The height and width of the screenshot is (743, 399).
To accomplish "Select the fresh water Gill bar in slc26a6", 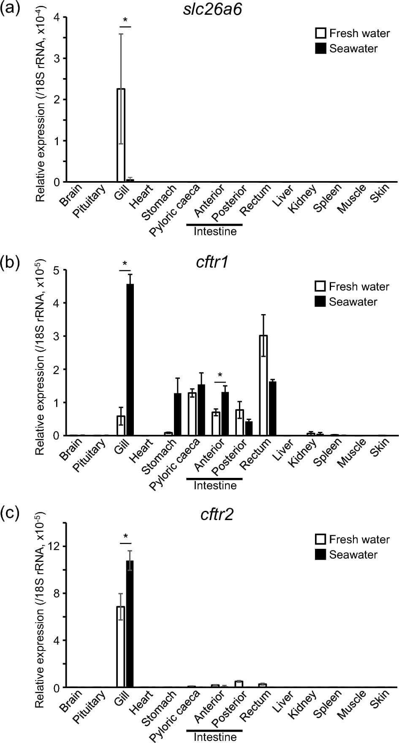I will [121, 135].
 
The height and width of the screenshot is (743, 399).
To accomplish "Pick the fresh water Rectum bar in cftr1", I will [263, 385].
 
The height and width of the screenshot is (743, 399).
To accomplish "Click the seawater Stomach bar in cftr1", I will [177, 414].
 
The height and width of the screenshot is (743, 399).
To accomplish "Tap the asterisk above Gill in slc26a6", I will [125, 21].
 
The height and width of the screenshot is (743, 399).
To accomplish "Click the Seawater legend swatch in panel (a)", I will [321, 49].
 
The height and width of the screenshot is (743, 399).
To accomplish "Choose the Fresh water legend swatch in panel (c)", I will [321, 539].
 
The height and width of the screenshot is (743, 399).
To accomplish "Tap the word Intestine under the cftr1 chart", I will [215, 485].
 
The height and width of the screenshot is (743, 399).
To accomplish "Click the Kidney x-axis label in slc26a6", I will [302, 199].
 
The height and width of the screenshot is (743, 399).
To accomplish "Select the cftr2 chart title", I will [217, 515].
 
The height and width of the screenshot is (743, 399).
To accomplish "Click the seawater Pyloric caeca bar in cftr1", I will [201, 410].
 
